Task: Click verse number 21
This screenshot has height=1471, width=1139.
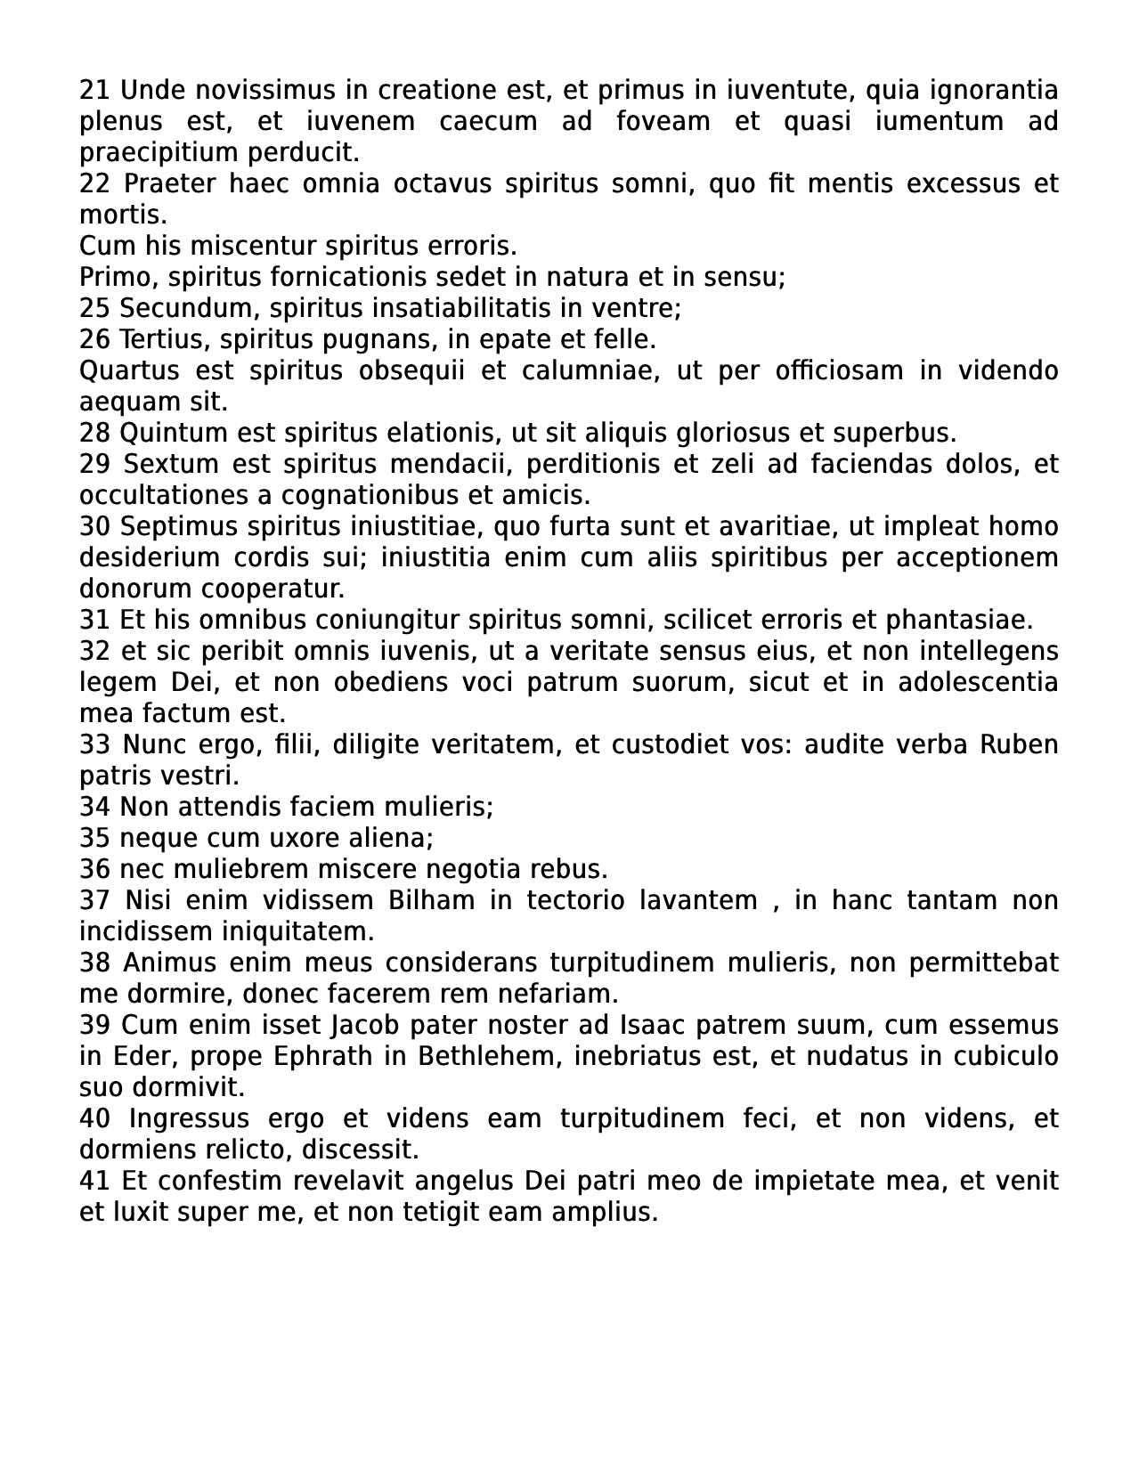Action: point(94,91)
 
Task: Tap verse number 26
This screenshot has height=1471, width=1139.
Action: point(94,340)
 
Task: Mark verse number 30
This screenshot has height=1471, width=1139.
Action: point(94,527)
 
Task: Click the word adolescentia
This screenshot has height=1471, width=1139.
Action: point(978,683)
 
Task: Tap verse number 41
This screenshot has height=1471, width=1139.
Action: point(94,1182)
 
